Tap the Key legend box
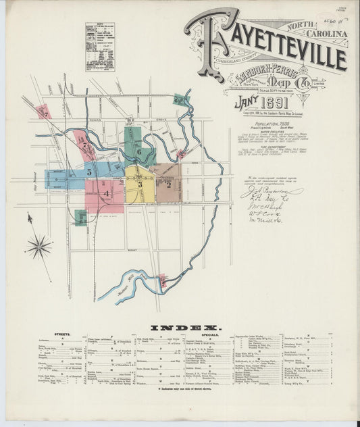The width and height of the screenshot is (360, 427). pos(99,47)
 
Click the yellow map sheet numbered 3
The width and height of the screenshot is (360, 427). pos(139,183)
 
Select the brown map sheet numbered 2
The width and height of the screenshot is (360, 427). pos(168,182)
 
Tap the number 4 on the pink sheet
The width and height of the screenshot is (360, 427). pos(106,193)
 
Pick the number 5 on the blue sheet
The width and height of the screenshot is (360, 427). pos(88,173)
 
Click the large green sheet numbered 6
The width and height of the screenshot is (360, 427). pos(138,151)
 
